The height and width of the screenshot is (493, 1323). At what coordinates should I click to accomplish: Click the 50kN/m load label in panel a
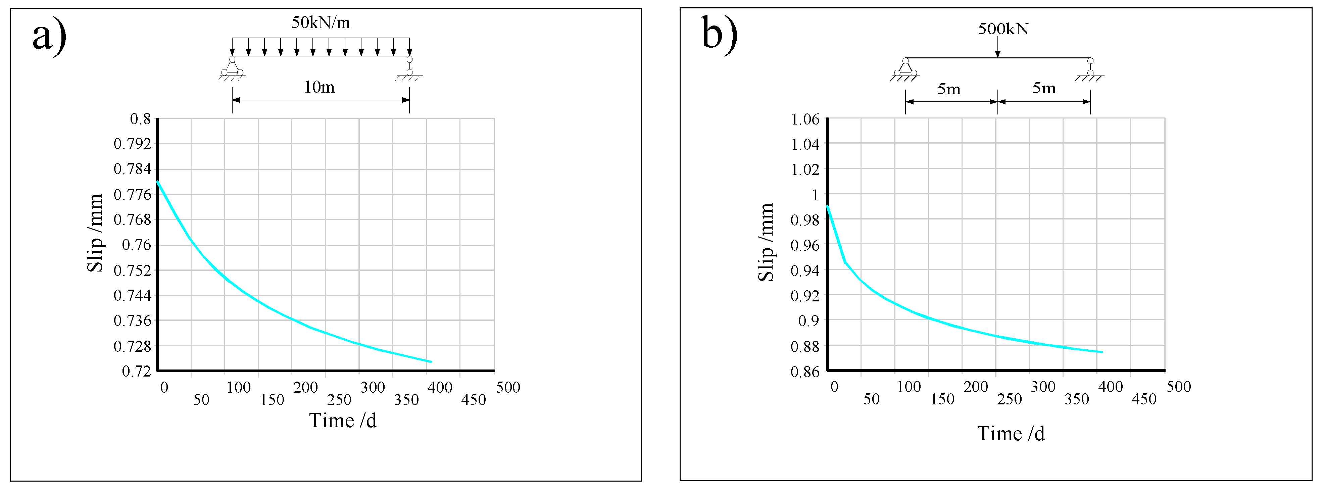pyautogui.click(x=321, y=22)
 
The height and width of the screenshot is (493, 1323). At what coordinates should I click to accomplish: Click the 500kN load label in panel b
pyautogui.click(x=1003, y=29)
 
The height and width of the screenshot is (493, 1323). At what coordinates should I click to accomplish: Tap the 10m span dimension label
pyautogui.click(x=319, y=87)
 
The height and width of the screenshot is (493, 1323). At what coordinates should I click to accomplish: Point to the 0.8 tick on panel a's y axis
pyautogui.click(x=140, y=119)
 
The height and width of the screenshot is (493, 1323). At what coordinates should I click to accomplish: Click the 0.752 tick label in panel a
pyautogui.click(x=133, y=270)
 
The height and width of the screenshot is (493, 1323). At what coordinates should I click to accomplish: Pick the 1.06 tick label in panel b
pyautogui.click(x=805, y=120)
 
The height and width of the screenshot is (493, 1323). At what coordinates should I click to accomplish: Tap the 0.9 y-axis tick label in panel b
pyautogui.click(x=808, y=321)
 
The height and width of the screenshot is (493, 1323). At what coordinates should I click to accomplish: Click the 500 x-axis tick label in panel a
pyautogui.click(x=508, y=387)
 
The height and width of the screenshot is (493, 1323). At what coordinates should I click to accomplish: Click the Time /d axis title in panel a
pyautogui.click(x=343, y=421)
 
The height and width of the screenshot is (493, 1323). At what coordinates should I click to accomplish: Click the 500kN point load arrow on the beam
pyautogui.click(x=997, y=47)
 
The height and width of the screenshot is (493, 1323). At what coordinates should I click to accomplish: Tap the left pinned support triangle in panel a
pyautogui.click(x=232, y=67)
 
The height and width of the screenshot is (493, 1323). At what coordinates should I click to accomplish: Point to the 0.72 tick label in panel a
pyautogui.click(x=136, y=371)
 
